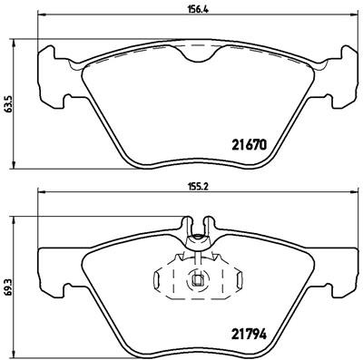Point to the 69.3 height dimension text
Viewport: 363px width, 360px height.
tap(8, 283)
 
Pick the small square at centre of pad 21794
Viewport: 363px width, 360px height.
tap(196, 279)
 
